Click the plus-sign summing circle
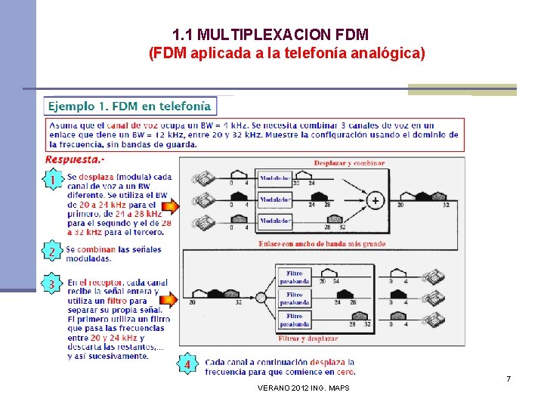click(374, 201)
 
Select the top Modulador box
click(275, 180)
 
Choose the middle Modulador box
click(275, 200)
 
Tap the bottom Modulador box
click(275, 221)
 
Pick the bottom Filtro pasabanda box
click(294, 320)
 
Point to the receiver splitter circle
click(261, 298)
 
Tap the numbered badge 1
click(52, 181)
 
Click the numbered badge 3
click(52, 284)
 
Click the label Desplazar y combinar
click(349, 162)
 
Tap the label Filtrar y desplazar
click(308, 338)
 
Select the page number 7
click(508, 378)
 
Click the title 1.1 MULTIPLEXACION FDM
click(270, 35)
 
